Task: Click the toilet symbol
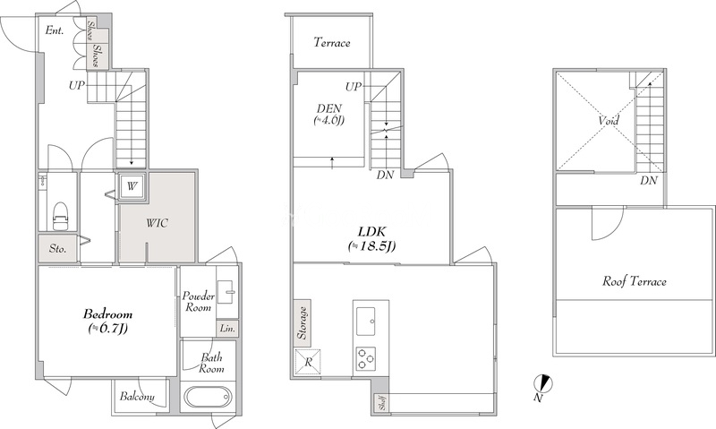pyautogui.click(x=60, y=215)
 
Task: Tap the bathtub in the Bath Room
pyautogui.click(x=208, y=398)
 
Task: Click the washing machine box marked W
pyautogui.click(x=132, y=186)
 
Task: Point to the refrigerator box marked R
pyautogui.click(x=308, y=363)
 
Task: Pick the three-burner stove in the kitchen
pyautogui.click(x=366, y=358)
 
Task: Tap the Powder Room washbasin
pyautogui.click(x=227, y=291)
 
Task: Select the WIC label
pyautogui.click(x=157, y=223)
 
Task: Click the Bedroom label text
pyautogui.click(x=108, y=314)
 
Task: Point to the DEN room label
pyautogui.click(x=329, y=108)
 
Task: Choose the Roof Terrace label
pyautogui.click(x=635, y=281)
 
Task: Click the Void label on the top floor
pyautogui.click(x=609, y=121)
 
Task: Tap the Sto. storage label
pyautogui.click(x=57, y=249)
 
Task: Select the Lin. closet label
pyautogui.click(x=227, y=329)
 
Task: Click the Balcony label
pyautogui.click(x=137, y=396)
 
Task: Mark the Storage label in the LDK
pyautogui.click(x=303, y=322)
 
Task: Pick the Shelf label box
pyautogui.click(x=382, y=403)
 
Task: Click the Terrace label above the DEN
pyautogui.click(x=332, y=43)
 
